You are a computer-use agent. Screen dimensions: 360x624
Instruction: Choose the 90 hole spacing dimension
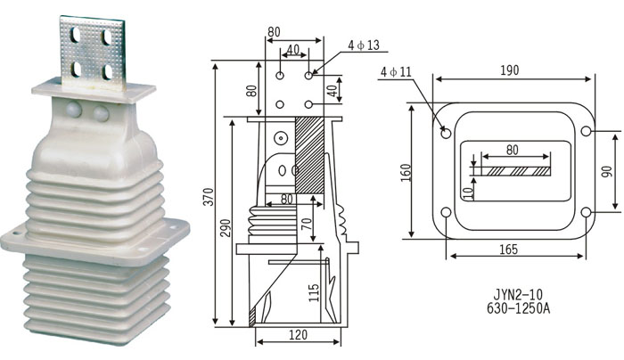click(607, 171)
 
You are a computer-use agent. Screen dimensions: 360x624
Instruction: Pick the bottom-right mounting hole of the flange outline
click(586, 212)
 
